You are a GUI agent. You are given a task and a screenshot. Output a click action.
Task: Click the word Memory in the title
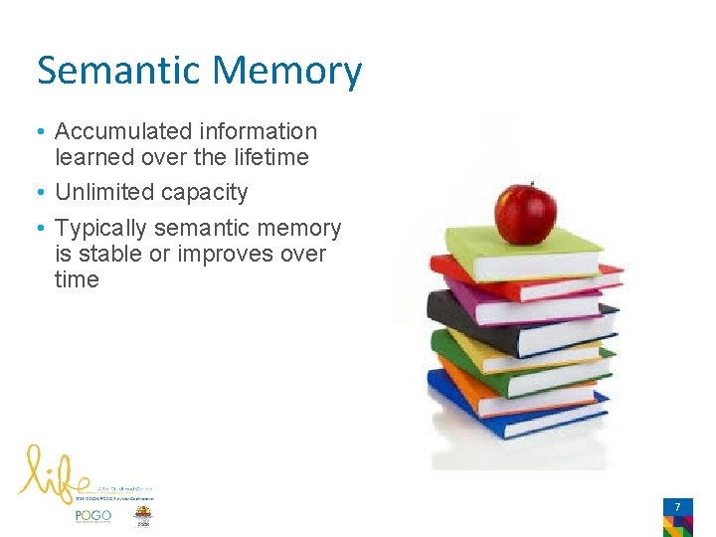[286, 72]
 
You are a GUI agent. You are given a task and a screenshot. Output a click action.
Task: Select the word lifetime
[270, 157]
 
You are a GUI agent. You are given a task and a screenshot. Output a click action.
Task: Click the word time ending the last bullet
[77, 279]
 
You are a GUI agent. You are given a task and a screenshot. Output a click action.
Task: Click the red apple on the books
[525, 213]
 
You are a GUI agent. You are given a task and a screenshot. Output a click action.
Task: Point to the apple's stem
[530, 186]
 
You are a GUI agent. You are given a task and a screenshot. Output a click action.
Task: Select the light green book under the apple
[517, 254]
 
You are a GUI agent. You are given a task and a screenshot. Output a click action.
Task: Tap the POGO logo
[93, 516]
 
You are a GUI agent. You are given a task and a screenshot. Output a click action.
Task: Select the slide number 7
[677, 508]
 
